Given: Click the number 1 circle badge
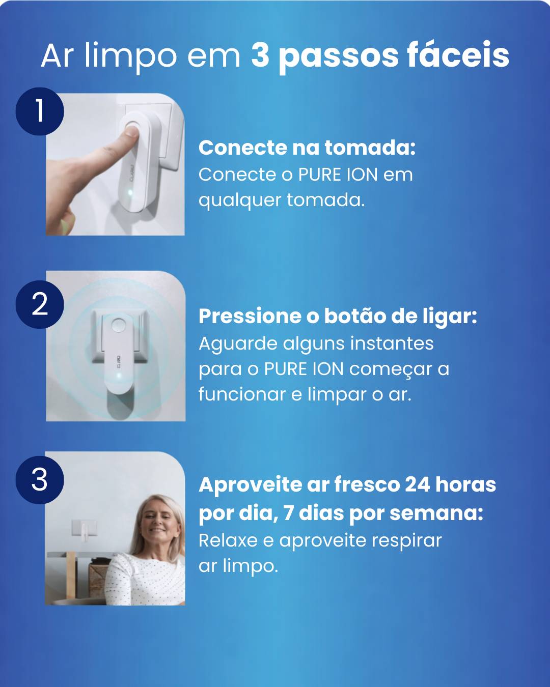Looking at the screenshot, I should [40, 111].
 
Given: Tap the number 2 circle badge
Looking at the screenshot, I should [40, 304].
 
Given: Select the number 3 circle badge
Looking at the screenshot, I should [40, 479].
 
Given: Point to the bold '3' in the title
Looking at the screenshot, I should [260, 55].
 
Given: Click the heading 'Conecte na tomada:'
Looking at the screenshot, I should [307, 148].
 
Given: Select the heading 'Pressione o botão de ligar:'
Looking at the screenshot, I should [338, 316].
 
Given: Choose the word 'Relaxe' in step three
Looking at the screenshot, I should [228, 540].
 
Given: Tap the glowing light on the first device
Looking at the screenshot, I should [130, 192].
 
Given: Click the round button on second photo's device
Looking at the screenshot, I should [118, 326].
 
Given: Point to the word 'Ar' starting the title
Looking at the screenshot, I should [57, 55].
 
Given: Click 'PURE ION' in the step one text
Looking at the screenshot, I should [338, 175].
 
